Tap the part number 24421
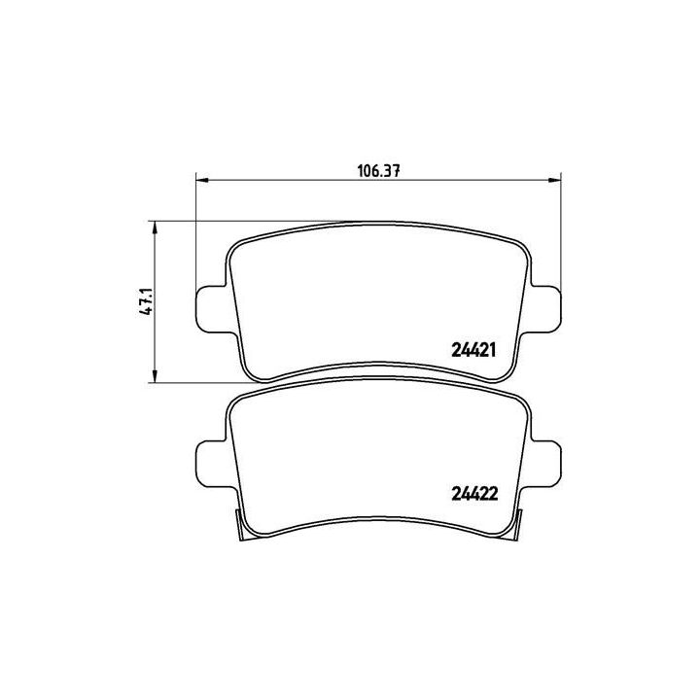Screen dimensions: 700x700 474,352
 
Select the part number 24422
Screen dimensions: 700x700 474,492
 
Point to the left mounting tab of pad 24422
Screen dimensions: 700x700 211,464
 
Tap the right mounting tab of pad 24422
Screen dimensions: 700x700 547,464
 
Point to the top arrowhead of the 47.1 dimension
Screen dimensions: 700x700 155,227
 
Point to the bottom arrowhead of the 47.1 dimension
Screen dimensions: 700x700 155,378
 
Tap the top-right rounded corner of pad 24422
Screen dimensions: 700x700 525,401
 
